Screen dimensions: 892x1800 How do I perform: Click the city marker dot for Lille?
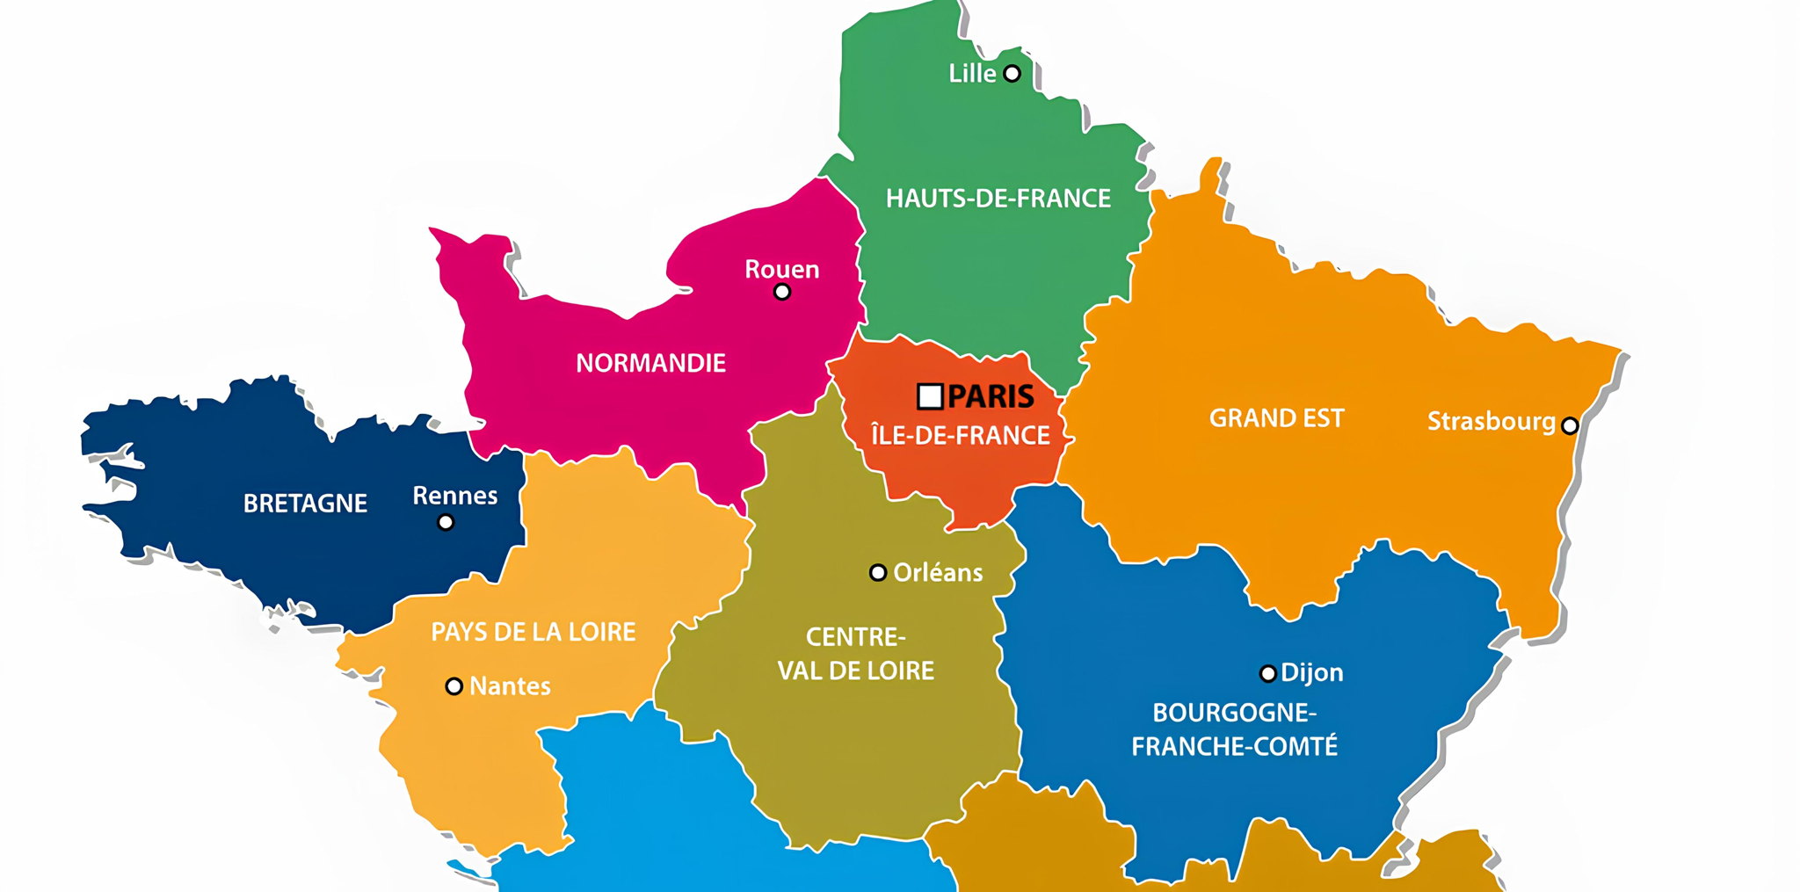click(1012, 73)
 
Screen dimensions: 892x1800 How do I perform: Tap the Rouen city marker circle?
click(781, 292)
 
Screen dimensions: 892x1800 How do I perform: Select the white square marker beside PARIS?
click(929, 396)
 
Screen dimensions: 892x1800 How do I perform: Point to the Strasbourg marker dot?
click(1569, 425)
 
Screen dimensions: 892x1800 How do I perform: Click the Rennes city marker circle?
click(446, 522)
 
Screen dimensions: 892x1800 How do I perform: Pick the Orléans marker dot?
click(877, 573)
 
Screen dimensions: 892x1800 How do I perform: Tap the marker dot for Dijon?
click(1267, 674)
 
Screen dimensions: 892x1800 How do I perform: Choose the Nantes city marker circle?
click(454, 686)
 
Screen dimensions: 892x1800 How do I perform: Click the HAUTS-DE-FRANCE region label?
click(998, 199)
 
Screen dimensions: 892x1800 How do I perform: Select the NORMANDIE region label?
click(650, 363)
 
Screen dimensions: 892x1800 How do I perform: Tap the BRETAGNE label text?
click(305, 504)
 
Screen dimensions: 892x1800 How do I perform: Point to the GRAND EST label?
click(1276, 418)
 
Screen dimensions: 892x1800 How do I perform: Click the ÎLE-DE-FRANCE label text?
click(960, 435)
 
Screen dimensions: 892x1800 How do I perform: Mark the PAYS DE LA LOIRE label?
click(533, 632)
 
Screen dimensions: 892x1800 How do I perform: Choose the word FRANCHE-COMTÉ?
click(1234, 747)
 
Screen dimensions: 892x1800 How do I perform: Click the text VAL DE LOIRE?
click(855, 671)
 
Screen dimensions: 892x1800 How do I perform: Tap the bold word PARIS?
click(991, 396)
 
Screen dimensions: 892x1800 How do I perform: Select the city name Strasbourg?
click(1491, 422)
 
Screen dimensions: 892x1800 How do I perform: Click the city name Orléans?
click(938, 573)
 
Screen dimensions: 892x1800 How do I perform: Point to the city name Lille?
click(972, 74)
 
